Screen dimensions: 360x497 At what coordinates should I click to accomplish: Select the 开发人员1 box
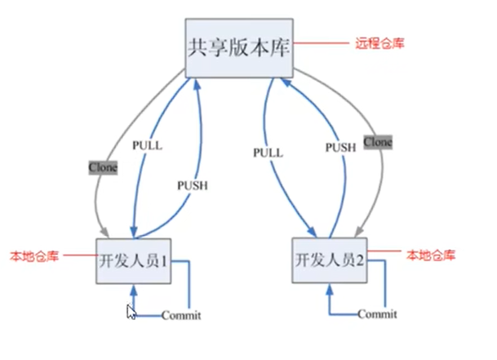134,261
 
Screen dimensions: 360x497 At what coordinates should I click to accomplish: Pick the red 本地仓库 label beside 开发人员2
430,256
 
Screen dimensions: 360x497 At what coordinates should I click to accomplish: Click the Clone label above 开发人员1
104,167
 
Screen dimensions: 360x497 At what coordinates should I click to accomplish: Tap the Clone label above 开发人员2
377,142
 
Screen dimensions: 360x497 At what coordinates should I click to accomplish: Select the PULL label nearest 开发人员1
147,146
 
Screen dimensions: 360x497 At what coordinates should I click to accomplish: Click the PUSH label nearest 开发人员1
192,185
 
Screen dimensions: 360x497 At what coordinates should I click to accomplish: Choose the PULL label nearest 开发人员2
267,153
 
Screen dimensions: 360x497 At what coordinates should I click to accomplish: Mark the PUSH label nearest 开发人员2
340,147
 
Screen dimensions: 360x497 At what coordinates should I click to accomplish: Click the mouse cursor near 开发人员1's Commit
130,312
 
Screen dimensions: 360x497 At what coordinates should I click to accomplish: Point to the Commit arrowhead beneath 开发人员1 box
135,291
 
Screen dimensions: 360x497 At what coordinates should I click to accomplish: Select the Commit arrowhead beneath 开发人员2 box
331,291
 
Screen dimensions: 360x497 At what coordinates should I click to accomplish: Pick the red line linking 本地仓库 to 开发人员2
383,255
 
